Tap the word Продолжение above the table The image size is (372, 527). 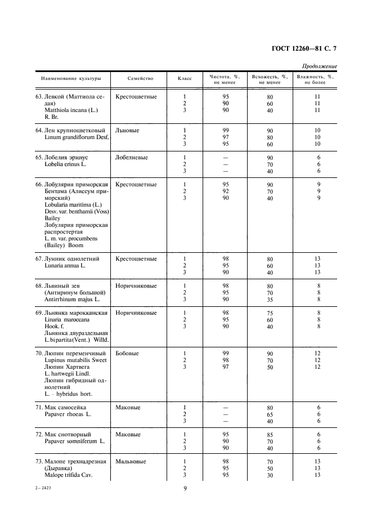pos(319,66)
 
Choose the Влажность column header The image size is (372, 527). pos(315,79)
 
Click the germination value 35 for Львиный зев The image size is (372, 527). pos(270,300)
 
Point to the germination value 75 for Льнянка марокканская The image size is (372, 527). pos(270,314)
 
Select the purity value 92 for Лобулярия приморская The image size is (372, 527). pos(225,191)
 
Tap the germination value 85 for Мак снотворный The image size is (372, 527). pos(270,435)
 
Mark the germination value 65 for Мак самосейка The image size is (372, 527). pos(270,415)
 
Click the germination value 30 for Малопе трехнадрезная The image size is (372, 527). pos(270,476)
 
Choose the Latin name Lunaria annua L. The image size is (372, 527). pos(63,266)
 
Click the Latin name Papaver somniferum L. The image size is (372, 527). pos(71,441)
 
